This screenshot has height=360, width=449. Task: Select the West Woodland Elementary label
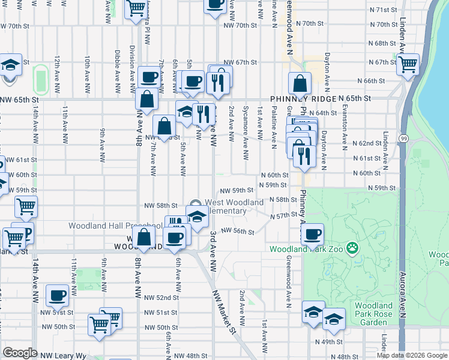[234, 206]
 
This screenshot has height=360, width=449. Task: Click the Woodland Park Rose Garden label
[373, 314]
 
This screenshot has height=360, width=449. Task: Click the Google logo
[20, 353]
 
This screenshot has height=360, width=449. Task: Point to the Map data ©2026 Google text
[411, 355]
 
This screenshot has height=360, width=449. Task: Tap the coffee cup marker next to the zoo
[312, 234]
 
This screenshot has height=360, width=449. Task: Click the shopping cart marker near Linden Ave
[408, 64]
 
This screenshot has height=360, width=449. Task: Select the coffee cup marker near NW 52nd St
[58, 294]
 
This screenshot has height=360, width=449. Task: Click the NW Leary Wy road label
[63, 356]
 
